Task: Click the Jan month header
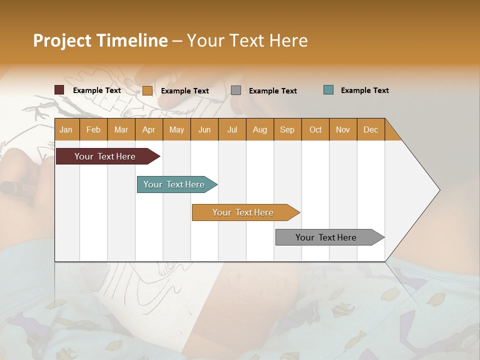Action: pos(66,129)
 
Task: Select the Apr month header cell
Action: pos(149,129)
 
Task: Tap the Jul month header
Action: pos(232,129)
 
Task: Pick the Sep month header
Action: pos(287,129)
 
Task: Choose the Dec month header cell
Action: pos(370,129)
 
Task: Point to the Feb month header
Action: pos(93,129)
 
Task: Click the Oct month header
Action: pos(315,129)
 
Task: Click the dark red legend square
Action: pos(59,90)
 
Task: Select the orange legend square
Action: pos(147,90)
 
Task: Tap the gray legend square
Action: pos(236,90)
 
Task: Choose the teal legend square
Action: pos(328,90)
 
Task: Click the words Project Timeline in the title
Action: pos(100,40)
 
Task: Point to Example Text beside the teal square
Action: pos(364,90)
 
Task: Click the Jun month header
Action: pos(204,129)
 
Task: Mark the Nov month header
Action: pos(343,129)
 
